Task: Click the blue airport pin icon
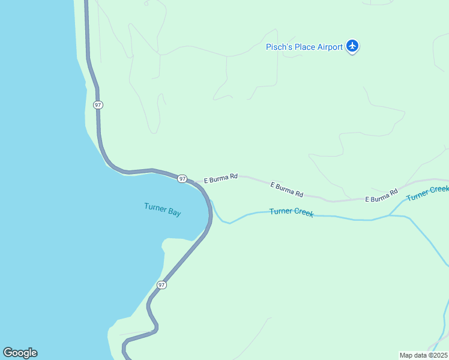click(x=352, y=46)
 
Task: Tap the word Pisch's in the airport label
click(x=280, y=47)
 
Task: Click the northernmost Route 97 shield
click(x=98, y=104)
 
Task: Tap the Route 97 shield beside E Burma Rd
click(x=182, y=178)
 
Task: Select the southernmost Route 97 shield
click(x=161, y=284)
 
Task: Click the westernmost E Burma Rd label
click(x=221, y=178)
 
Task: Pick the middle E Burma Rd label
click(x=286, y=190)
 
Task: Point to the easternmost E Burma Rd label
click(x=382, y=196)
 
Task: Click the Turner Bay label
click(x=162, y=209)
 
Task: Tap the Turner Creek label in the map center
click(x=291, y=212)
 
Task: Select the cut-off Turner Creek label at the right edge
click(x=427, y=193)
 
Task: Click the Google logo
click(x=20, y=353)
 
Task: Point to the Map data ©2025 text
click(x=424, y=355)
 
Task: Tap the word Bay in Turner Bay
click(x=174, y=212)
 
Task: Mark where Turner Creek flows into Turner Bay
click(x=211, y=202)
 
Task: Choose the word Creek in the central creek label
click(x=303, y=213)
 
